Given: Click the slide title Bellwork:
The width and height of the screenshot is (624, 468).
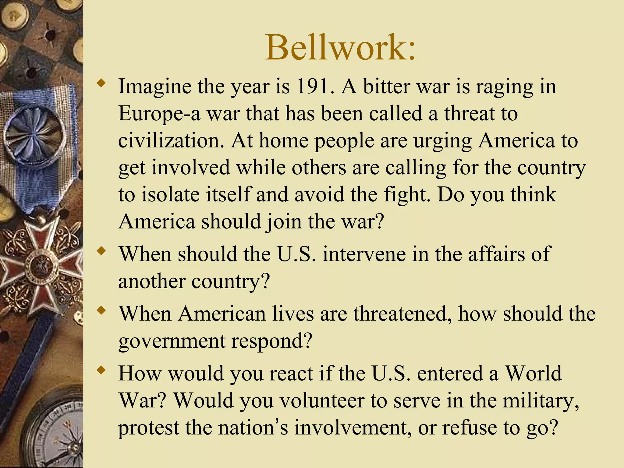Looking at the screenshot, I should (x=340, y=48).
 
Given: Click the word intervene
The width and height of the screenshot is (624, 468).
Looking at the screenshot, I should (x=364, y=254).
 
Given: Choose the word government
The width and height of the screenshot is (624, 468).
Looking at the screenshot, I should (x=172, y=341).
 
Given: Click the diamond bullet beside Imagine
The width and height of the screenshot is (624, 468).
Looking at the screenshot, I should (x=101, y=83).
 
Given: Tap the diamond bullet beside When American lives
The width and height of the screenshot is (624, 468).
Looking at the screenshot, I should (x=101, y=310).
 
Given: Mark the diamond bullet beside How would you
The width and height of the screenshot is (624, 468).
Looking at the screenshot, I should (x=101, y=370).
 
